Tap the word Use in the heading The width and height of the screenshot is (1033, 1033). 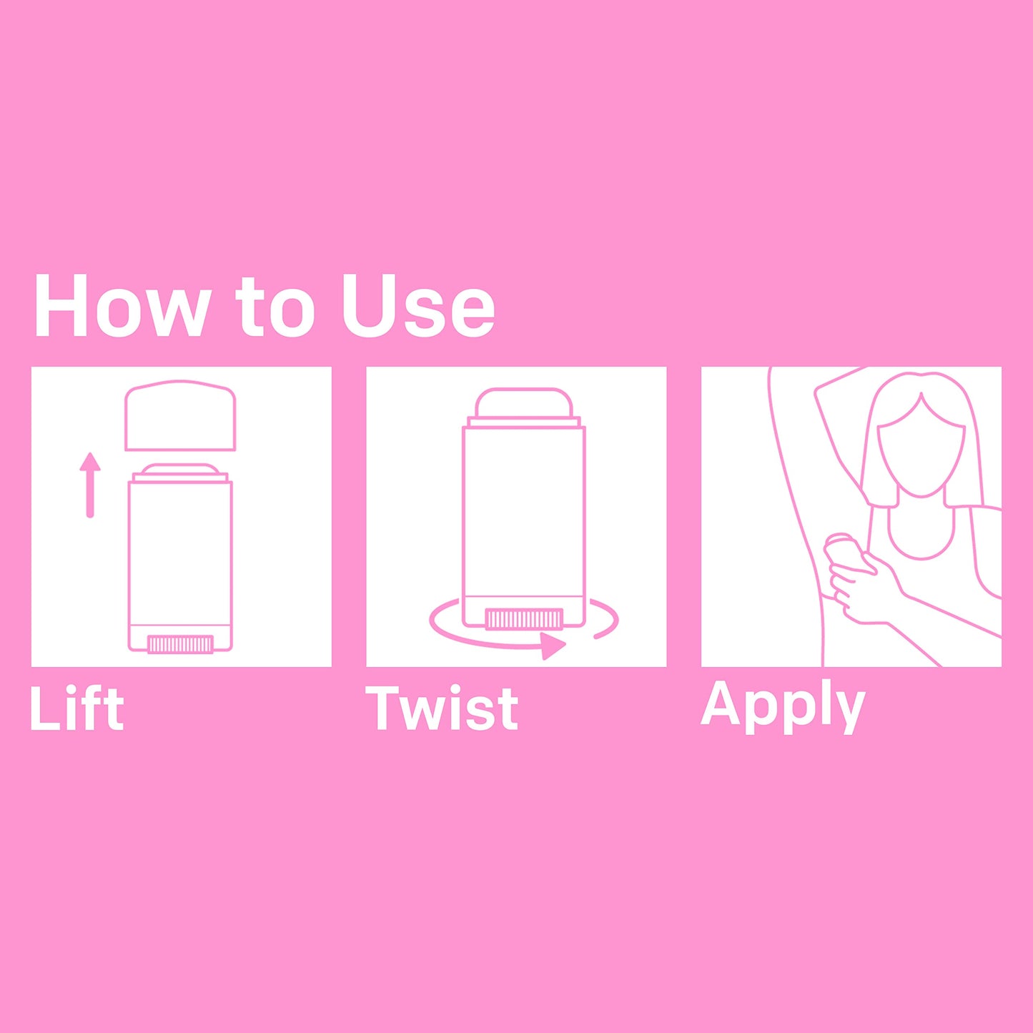(418, 307)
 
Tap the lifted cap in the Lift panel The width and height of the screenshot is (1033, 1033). (180, 415)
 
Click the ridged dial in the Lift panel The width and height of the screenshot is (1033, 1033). (180, 644)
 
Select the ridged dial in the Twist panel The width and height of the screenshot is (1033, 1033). (524, 618)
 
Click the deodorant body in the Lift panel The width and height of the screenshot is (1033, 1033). (180, 565)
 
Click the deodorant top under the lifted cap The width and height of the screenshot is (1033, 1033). (180, 471)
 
